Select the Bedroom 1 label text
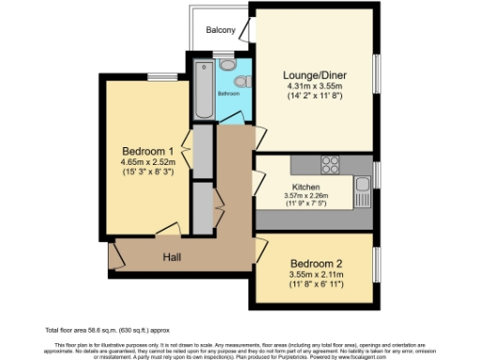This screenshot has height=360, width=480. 148,151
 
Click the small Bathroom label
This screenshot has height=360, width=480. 230,95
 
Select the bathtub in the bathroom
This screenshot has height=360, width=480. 203,90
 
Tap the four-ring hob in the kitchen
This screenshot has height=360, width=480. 330,165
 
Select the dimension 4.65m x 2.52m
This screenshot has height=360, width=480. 148,161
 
